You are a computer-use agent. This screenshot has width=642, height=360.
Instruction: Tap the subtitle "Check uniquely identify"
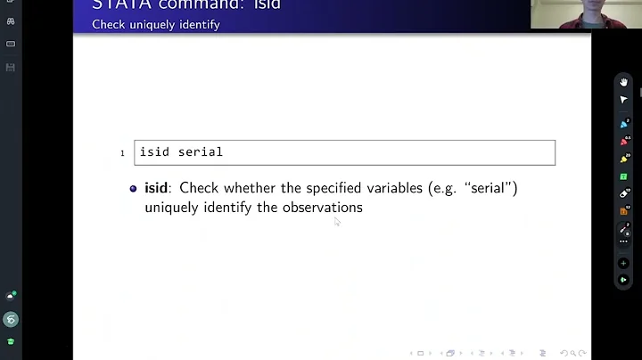click(155, 24)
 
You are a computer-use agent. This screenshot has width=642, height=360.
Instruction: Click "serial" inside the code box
click(201, 152)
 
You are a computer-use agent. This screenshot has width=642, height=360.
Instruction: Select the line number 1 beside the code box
click(123, 153)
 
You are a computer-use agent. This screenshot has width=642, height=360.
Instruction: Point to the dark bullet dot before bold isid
click(134, 189)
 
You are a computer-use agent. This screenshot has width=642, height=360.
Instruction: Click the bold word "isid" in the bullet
click(156, 188)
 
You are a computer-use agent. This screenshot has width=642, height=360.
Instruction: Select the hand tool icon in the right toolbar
click(624, 82)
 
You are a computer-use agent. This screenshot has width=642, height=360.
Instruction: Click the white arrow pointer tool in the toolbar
click(624, 100)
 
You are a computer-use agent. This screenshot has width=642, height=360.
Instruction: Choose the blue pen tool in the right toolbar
click(624, 124)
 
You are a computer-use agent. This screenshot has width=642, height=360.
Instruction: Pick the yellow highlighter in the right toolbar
click(624, 160)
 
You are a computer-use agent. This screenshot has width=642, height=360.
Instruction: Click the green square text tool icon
click(624, 176)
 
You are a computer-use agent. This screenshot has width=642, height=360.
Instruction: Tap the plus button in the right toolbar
click(624, 264)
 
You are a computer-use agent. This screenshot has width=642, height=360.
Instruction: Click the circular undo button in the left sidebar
click(11, 319)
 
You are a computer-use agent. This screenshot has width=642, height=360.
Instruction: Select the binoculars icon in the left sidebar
click(11, 20)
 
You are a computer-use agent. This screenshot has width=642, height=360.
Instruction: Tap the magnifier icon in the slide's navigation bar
click(573, 353)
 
